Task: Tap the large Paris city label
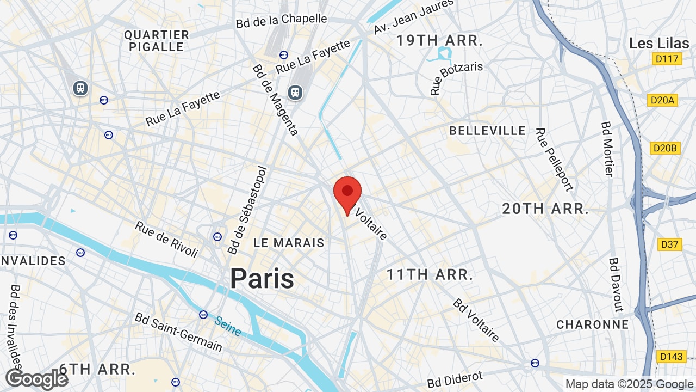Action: [262, 278]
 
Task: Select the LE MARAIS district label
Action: [289, 243]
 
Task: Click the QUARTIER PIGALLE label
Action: [157, 41]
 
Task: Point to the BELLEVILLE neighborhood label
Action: [488, 131]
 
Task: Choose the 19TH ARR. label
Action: [439, 40]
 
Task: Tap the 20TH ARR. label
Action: [545, 209]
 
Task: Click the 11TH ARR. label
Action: [430, 274]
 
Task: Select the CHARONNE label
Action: [592, 324]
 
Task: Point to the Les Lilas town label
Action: [656, 43]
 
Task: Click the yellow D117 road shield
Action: [667, 58]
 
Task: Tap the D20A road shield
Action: [663, 100]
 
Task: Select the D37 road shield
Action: [670, 244]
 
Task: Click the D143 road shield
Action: [671, 357]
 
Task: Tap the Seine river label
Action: [227, 326]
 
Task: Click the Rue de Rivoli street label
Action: [166, 239]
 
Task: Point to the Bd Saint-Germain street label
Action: [178, 332]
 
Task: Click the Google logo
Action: [37, 379]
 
